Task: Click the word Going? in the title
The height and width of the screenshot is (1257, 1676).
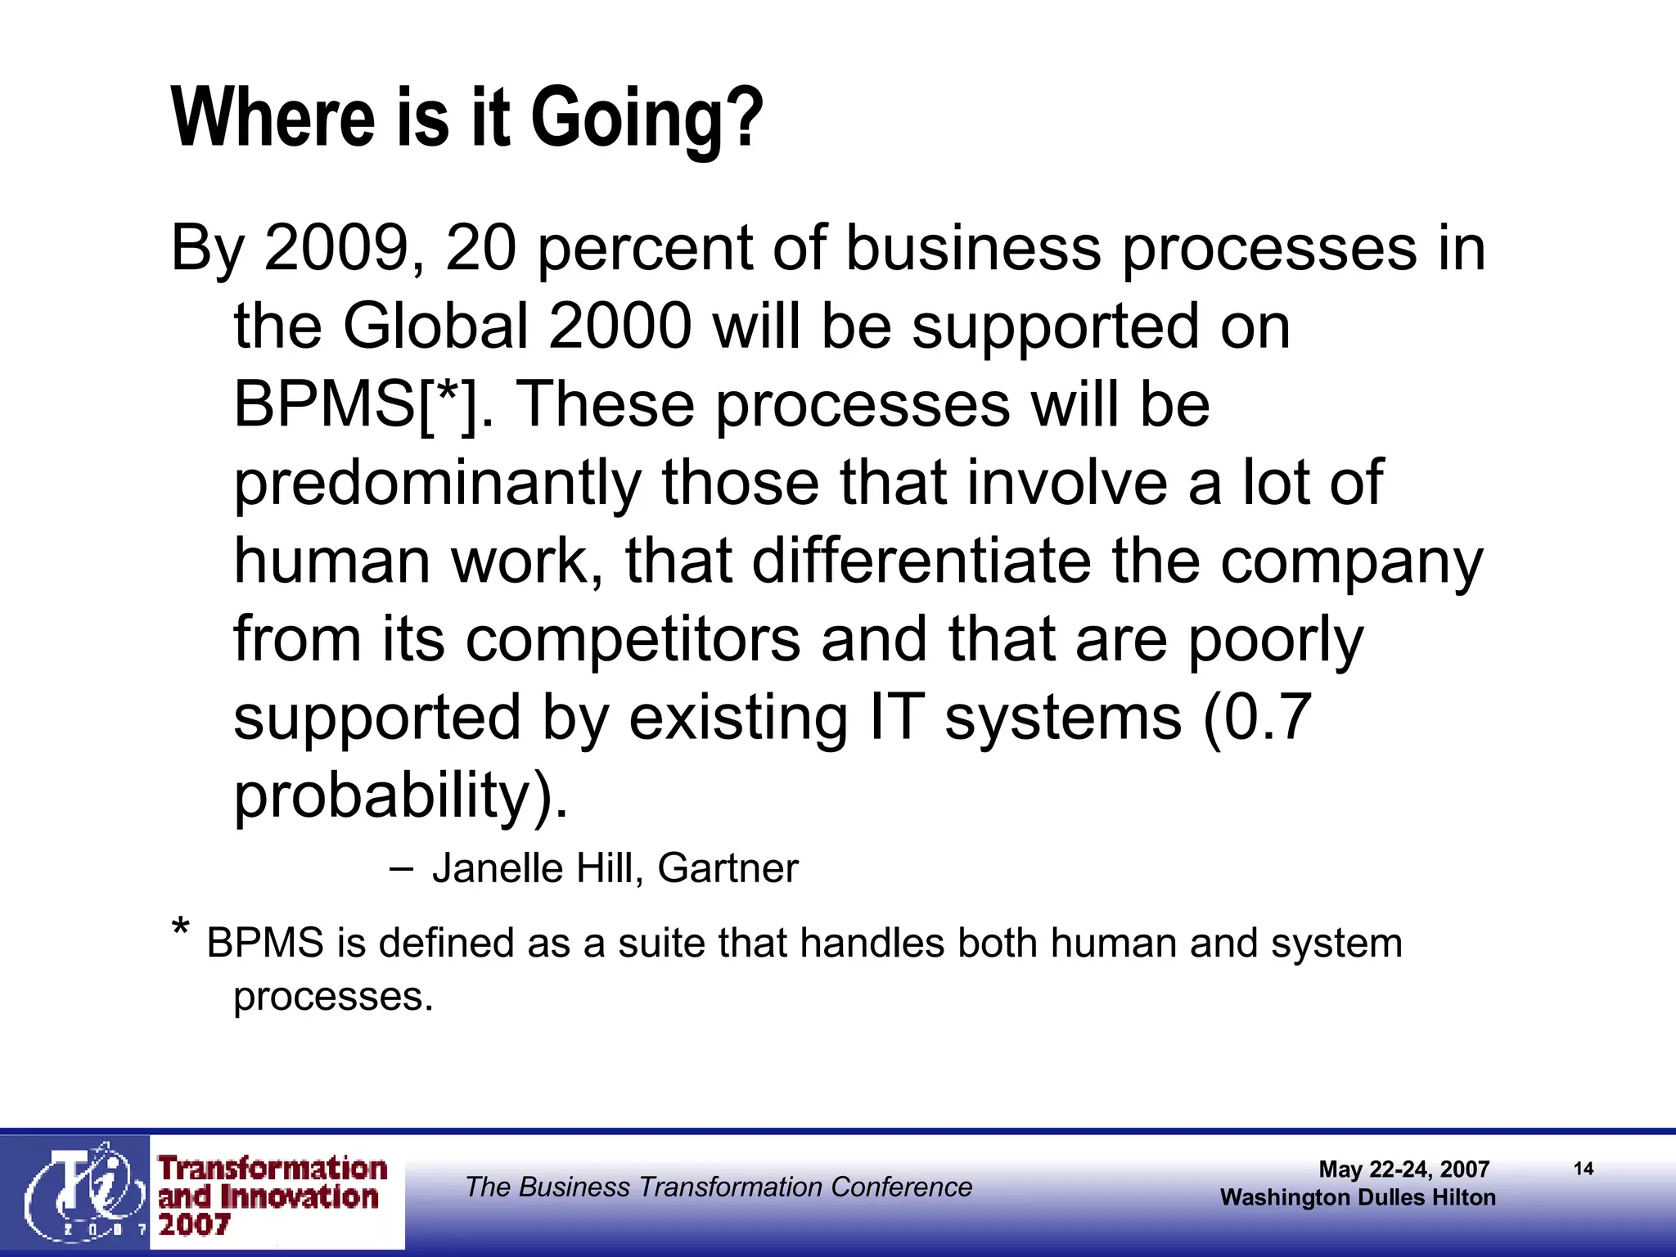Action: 647,119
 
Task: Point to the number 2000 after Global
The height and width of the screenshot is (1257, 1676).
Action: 619,327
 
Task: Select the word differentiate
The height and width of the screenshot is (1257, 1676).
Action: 921,561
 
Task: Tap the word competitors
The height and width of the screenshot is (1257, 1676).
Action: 633,639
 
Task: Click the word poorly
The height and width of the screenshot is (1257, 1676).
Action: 1276,641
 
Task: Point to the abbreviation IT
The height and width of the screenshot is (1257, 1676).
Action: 896,717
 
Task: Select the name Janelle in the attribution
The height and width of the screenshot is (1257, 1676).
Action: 498,868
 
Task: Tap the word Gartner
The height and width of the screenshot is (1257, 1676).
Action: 728,868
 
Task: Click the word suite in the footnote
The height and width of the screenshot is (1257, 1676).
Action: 661,943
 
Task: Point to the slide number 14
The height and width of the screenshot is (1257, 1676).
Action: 1584,1169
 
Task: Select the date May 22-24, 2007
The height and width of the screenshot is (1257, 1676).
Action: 1403,1169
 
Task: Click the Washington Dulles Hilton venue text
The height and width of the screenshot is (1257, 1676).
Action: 1358,1197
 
